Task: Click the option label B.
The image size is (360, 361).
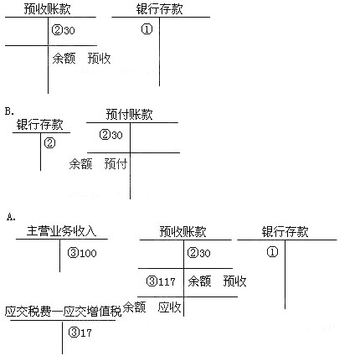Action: pyautogui.click(x=9, y=111)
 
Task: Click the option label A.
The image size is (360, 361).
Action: pyautogui.click(x=11, y=217)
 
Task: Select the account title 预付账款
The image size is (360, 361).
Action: pyautogui.click(x=129, y=114)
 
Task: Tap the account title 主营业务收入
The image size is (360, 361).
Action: pyautogui.click(x=61, y=231)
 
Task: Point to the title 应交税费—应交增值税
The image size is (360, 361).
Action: pyautogui.click(x=64, y=312)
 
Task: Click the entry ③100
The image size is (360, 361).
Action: pyautogui.click(x=82, y=253)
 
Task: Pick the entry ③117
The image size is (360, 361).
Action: pyautogui.click(x=161, y=281)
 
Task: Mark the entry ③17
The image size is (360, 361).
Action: pyautogui.click(x=80, y=333)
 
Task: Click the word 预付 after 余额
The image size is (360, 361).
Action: pyautogui.click(x=116, y=163)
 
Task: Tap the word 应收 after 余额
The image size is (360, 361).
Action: pyautogui.click(x=169, y=307)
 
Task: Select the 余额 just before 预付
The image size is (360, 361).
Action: pyautogui.click(x=80, y=163)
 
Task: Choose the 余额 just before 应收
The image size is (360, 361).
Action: pyautogui.click(x=134, y=307)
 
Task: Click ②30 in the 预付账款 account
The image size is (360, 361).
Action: pyautogui.click(x=111, y=135)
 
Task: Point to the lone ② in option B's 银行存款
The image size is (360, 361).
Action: pyautogui.click(x=49, y=143)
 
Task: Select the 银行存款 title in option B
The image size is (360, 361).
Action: pyautogui.click(x=39, y=125)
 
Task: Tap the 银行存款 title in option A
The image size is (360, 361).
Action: pyautogui.click(x=285, y=232)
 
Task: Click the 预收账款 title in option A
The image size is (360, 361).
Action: pyautogui.click(x=183, y=232)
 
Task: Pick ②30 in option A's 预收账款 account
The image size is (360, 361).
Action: pyautogui.click(x=199, y=253)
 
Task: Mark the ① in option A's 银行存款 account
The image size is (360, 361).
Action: pyautogui.click(x=272, y=252)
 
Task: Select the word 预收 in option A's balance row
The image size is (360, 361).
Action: pyautogui.click(x=234, y=281)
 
